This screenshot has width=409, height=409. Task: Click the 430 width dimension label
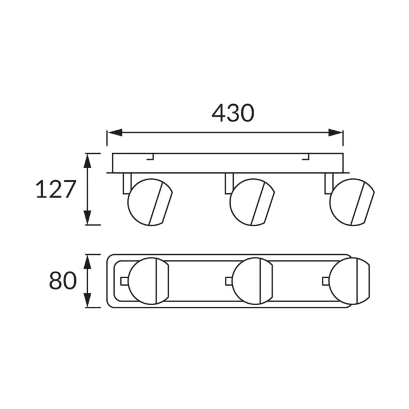pyautogui.click(x=233, y=113)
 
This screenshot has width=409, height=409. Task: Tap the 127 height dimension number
pyautogui.click(x=56, y=189)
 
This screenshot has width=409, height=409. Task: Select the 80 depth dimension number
pyautogui.click(x=63, y=280)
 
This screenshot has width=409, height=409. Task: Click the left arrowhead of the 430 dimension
pyautogui.click(x=115, y=133)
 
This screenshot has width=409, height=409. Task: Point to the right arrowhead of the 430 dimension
pyautogui.click(x=335, y=133)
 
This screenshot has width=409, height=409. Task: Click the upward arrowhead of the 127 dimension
pyautogui.click(x=88, y=161)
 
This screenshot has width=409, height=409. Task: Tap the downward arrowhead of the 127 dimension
pyautogui.click(x=88, y=217)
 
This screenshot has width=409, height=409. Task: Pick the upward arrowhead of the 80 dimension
pyautogui.click(x=88, y=262)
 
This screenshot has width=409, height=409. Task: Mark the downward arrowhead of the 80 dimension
pyautogui.click(x=88, y=300)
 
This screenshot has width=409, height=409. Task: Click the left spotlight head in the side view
pyautogui.click(x=150, y=202)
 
